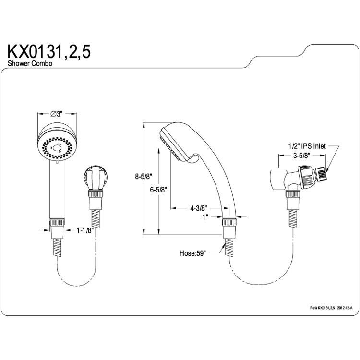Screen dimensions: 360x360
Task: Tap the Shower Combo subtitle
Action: (x=30, y=63)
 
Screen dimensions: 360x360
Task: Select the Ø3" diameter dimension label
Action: (x=57, y=114)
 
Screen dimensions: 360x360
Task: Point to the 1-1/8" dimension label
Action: (x=85, y=230)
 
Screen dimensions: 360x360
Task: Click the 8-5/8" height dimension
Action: (x=144, y=177)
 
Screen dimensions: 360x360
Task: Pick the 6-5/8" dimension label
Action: (x=158, y=190)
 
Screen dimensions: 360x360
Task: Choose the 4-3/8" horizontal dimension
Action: (x=199, y=208)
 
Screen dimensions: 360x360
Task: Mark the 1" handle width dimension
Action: (x=205, y=217)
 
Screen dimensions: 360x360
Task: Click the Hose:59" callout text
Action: (x=192, y=253)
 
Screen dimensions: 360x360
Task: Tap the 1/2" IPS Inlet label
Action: (x=307, y=146)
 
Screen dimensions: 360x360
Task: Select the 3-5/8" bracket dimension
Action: (x=302, y=156)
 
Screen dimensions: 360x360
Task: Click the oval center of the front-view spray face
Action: (x=57, y=148)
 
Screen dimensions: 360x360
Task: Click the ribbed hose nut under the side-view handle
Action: (x=229, y=223)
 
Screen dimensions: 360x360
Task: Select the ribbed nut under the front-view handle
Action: (x=57, y=222)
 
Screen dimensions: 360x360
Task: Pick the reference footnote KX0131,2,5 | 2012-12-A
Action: (x=331, y=308)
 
